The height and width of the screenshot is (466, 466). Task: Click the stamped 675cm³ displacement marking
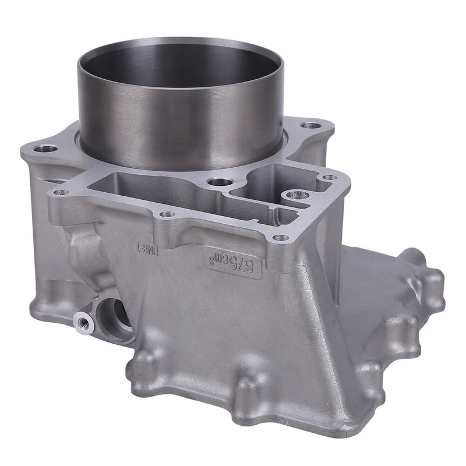coord(232,262)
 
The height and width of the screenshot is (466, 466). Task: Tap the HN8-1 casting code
coord(147,250)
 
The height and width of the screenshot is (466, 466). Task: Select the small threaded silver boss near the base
coord(83,323)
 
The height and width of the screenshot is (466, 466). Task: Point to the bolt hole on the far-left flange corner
coord(45,148)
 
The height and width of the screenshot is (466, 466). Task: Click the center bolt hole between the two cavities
coord(220,182)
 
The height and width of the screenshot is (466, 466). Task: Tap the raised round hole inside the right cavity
coord(295,196)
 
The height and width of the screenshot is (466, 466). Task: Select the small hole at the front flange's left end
coord(61,193)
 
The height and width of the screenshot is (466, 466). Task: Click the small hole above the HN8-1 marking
coord(167,214)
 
